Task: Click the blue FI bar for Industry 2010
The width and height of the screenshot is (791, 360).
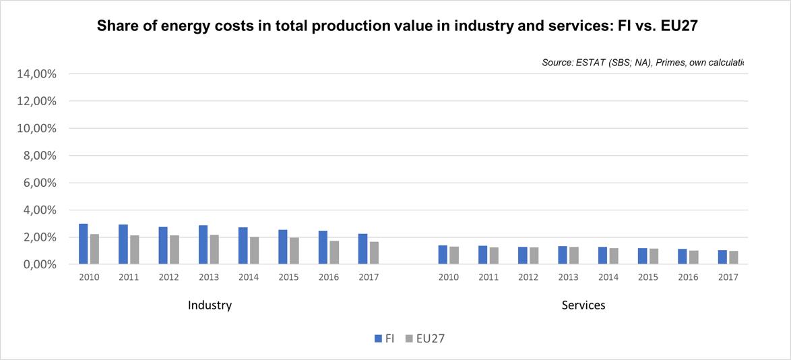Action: [x=84, y=244]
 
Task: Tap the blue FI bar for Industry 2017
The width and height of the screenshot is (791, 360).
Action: [x=363, y=249]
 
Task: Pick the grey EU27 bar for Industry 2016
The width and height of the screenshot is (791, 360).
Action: [x=334, y=252]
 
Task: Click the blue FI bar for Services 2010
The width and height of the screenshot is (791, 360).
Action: [x=443, y=255]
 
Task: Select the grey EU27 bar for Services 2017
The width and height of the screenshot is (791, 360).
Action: [x=734, y=258]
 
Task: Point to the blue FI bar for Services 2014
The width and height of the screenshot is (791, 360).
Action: [x=602, y=256]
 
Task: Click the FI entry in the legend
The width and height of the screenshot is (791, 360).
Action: [x=385, y=338]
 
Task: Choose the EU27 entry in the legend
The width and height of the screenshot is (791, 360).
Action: [x=425, y=338]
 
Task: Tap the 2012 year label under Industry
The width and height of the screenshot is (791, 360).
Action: [x=168, y=277]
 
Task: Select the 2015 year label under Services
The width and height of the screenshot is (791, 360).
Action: [x=648, y=277]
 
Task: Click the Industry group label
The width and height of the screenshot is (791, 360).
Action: [x=210, y=305]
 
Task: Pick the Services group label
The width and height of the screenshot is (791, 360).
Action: [x=583, y=305]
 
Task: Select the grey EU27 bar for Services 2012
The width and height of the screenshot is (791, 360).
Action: [x=534, y=256]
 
